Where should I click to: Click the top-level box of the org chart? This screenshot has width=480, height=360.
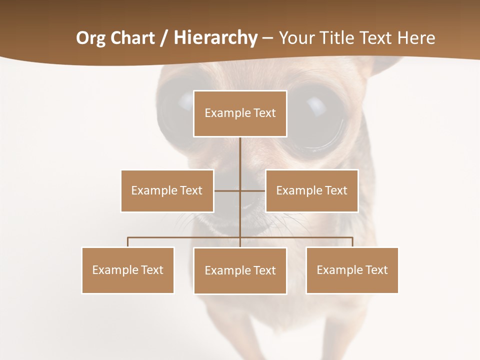click(x=240, y=113)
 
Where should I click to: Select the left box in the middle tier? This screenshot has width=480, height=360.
click(x=167, y=190)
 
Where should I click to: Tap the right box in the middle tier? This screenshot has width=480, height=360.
click(x=311, y=190)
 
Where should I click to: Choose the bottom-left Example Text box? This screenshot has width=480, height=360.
click(x=128, y=270)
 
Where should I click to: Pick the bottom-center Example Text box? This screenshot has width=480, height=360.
click(x=240, y=270)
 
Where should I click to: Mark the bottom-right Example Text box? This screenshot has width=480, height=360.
click(x=352, y=270)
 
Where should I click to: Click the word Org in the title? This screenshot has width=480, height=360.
click(x=91, y=38)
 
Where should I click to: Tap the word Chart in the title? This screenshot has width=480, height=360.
click(x=132, y=38)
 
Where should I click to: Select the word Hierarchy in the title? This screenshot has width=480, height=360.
click(x=215, y=38)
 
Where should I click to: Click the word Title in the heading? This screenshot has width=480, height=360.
click(x=341, y=38)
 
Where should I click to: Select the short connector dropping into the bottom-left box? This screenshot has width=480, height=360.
click(x=128, y=242)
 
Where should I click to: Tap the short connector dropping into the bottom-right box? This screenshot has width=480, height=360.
click(x=352, y=242)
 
